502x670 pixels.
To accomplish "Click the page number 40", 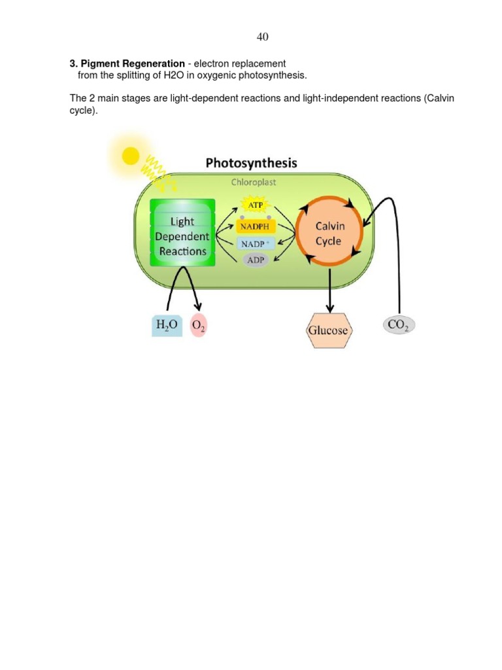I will point(262,37).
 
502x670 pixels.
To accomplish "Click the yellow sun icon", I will point(131,155).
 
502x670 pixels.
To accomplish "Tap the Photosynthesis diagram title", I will point(251,163).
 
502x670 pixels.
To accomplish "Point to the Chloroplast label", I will point(253,182).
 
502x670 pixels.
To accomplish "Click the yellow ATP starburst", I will point(255,205).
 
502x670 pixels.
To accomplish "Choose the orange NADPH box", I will point(256,226).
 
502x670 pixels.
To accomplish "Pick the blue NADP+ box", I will point(256,244).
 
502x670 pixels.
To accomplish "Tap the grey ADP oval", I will point(256,260).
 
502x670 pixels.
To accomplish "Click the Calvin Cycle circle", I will point(329,233).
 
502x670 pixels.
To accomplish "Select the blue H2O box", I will point(167,325).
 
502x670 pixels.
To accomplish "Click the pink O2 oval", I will point(198,326).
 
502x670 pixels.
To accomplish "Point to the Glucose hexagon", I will point(328,330).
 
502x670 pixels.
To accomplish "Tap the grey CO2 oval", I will point(398,325).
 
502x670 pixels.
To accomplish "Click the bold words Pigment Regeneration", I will point(133,63).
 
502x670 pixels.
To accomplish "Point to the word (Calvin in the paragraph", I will point(439,98).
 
